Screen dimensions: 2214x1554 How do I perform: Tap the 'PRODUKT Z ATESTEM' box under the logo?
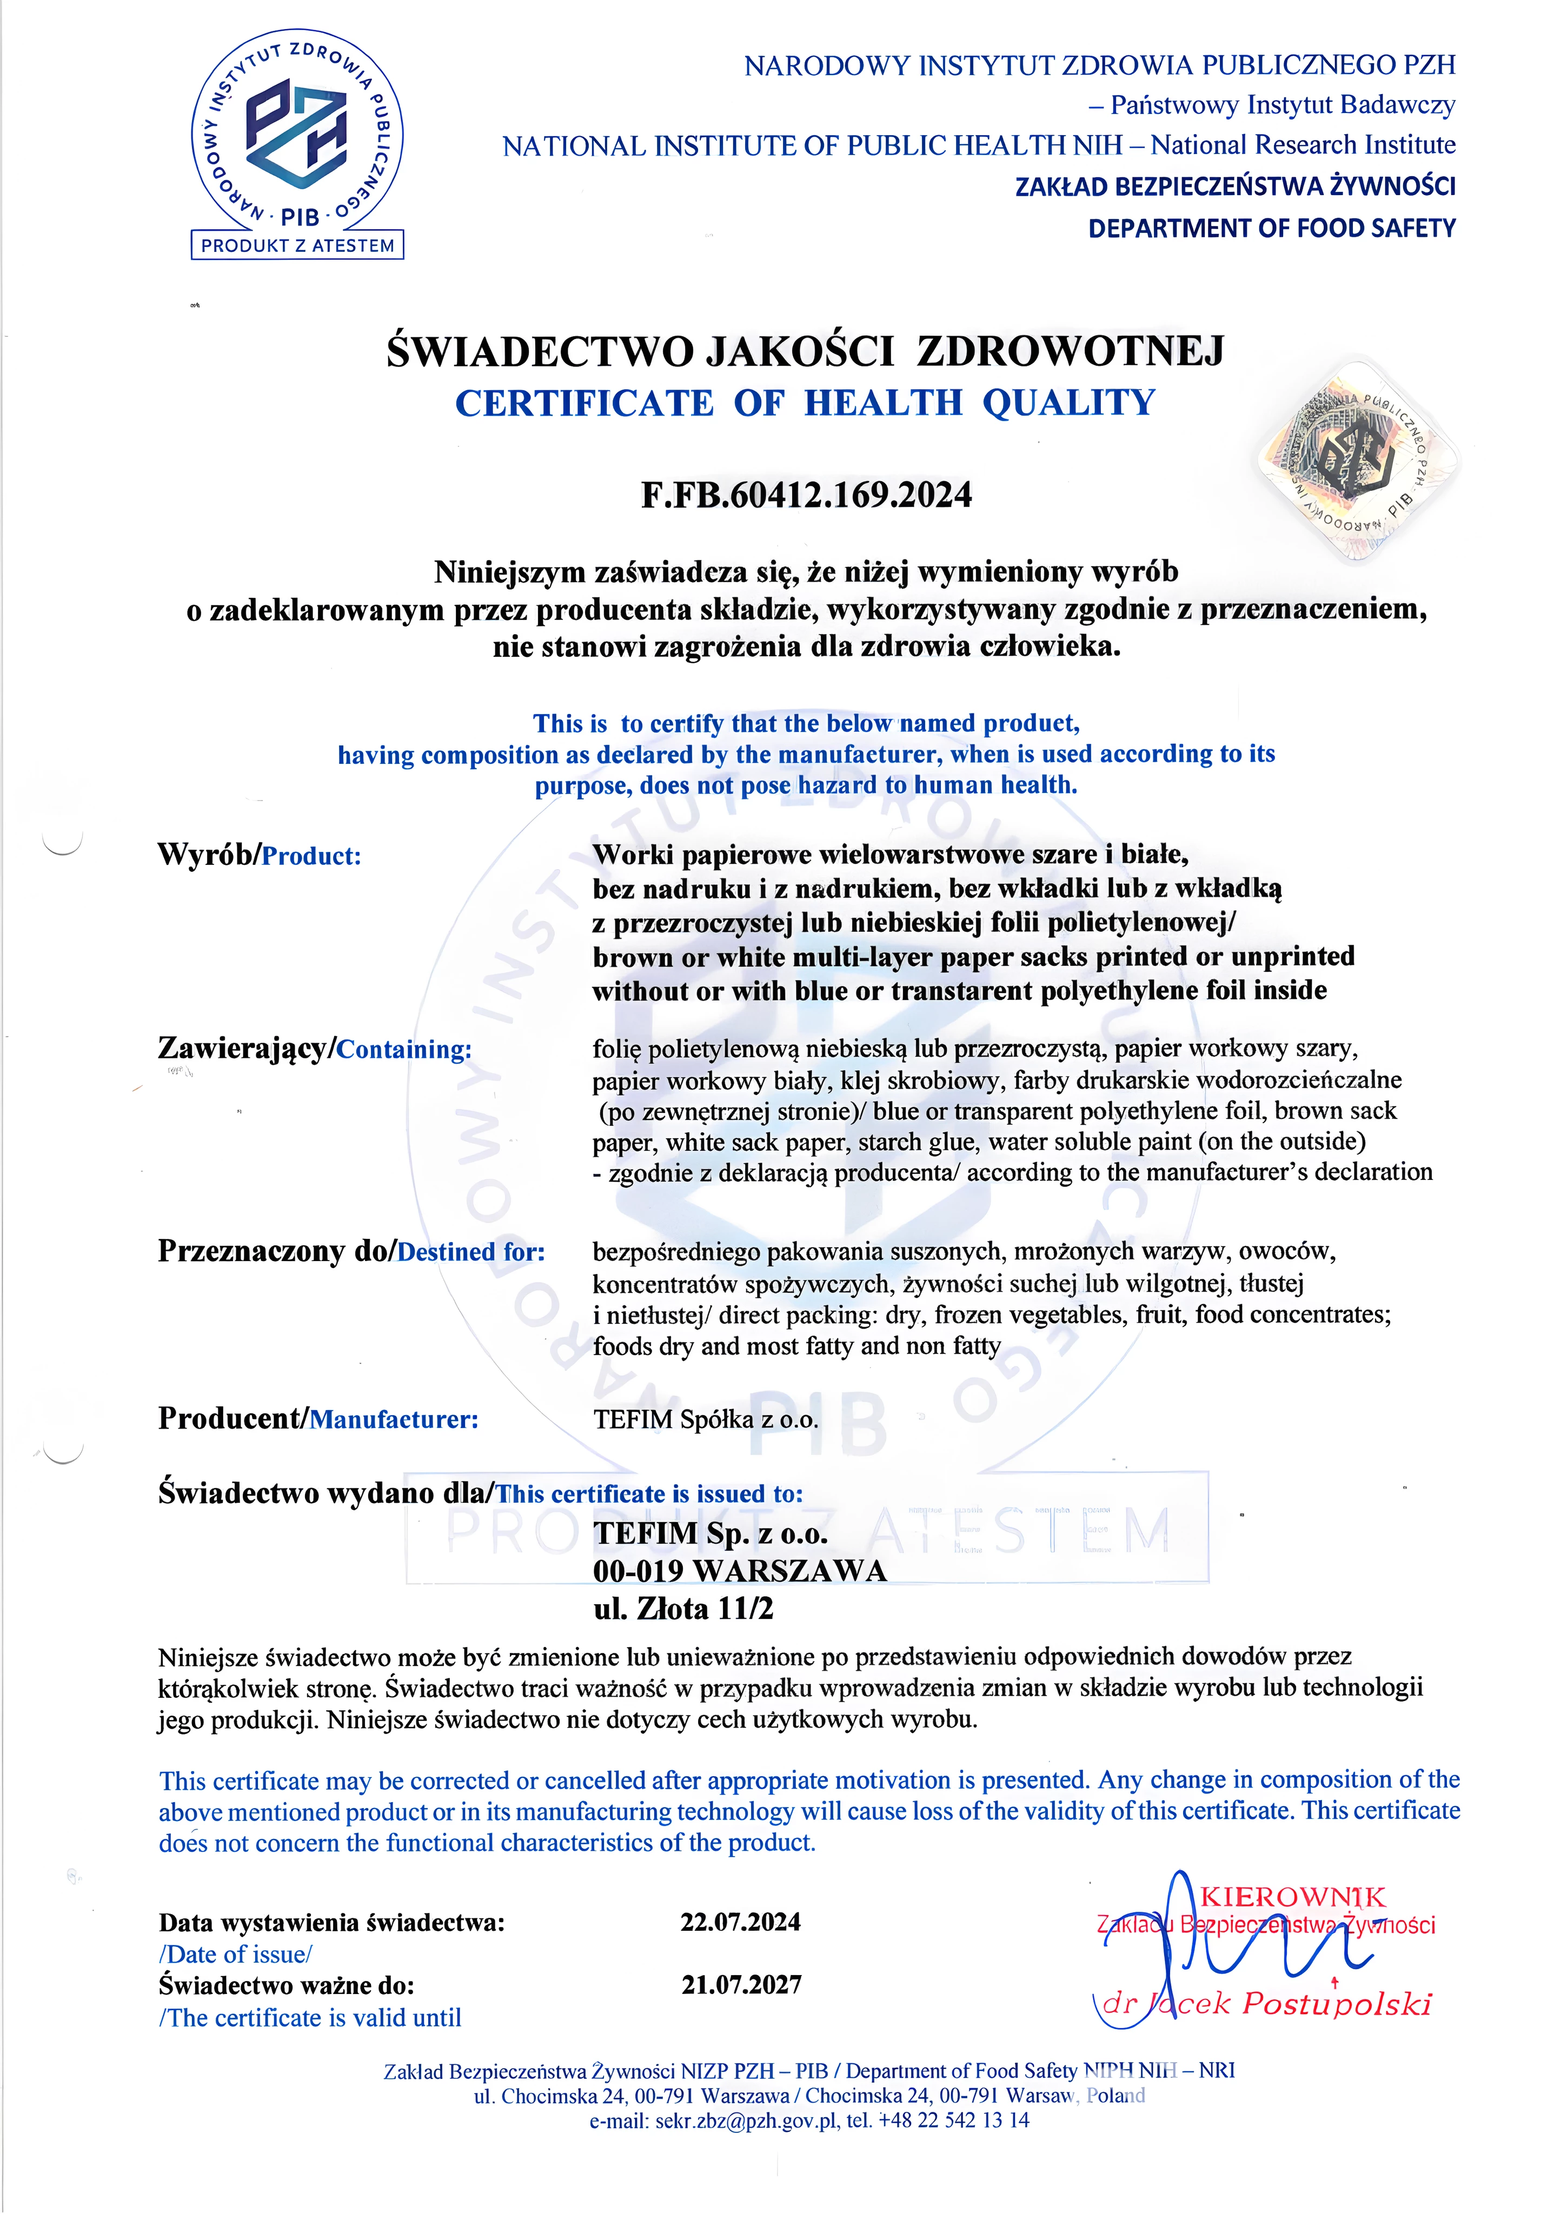tap(297, 245)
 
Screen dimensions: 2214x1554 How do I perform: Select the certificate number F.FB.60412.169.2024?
tap(806, 495)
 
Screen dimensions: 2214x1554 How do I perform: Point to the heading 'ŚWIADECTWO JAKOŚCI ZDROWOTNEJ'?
tap(806, 351)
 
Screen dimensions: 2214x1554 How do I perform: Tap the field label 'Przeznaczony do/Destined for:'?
tap(351, 1252)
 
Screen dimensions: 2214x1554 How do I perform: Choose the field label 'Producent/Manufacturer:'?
tap(318, 1418)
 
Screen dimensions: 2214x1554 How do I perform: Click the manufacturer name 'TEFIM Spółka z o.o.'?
tap(706, 1419)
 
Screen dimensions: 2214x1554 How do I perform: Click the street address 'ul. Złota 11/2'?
tap(683, 1609)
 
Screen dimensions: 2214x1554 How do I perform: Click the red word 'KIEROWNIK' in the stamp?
tap(1293, 1898)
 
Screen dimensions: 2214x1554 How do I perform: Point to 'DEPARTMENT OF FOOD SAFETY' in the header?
tap(1271, 229)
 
